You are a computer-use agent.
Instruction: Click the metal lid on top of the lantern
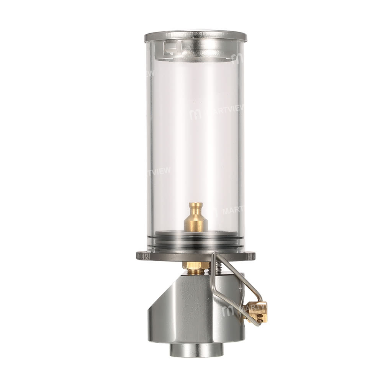195,36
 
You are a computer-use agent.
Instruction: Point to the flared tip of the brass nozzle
196,206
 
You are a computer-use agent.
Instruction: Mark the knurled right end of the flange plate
250,256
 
